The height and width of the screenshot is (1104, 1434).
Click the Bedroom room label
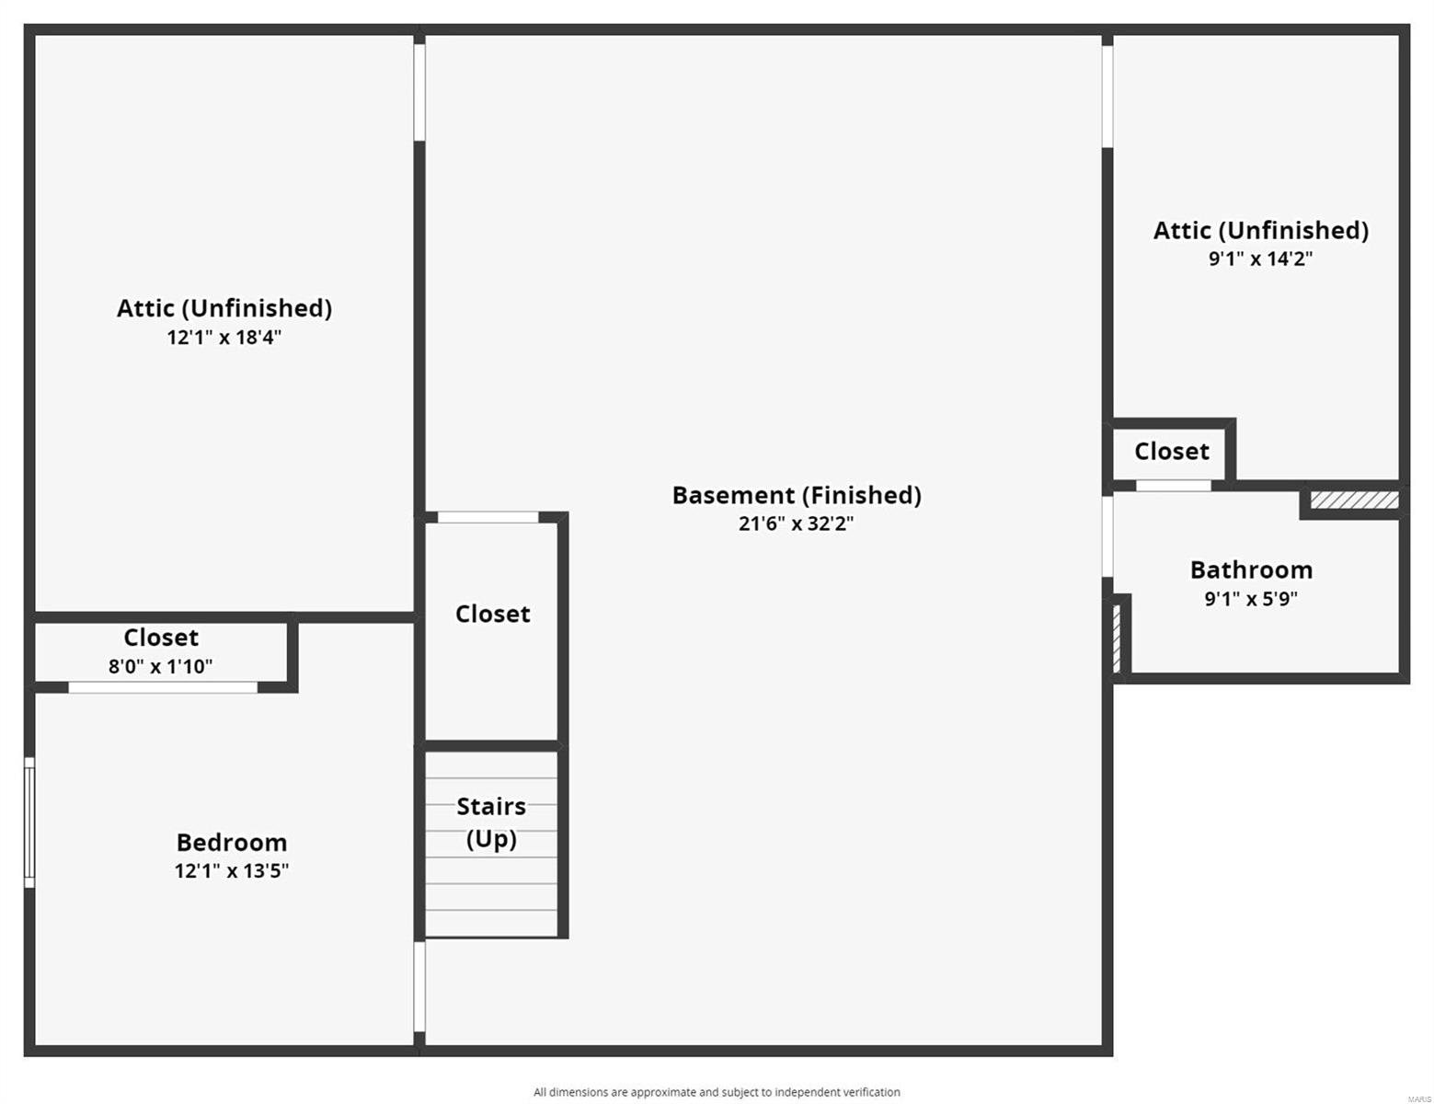pos(232,842)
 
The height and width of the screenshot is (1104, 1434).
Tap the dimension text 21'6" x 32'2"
pos(796,523)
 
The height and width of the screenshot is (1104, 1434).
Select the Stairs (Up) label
pos(491,822)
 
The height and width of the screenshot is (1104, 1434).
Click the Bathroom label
pos(1251,569)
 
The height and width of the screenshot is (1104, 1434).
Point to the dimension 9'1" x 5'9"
pos(1251,599)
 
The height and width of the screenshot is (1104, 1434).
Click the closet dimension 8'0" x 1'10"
pos(161,666)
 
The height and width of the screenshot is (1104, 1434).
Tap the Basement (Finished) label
pos(797,495)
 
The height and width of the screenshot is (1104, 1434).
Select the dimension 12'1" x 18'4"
pos(224,337)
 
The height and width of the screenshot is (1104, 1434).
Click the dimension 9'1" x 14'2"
pos(1260,259)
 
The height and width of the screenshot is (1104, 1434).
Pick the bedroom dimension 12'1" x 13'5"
pos(232,870)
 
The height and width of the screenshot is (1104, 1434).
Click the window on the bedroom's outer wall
pos(29,822)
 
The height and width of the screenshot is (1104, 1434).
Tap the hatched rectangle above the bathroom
pos(1354,500)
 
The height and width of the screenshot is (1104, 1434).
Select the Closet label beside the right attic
pos(1171,451)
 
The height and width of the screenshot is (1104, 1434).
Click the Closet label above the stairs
pos(492,614)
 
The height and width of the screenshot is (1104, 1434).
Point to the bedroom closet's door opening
pos(163,687)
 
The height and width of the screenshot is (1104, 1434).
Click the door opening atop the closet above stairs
pos(488,517)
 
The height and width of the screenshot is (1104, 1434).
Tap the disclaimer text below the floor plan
pos(717,1092)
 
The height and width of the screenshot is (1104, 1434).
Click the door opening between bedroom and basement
pos(419,986)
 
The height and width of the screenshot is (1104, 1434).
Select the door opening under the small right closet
pos(1173,485)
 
